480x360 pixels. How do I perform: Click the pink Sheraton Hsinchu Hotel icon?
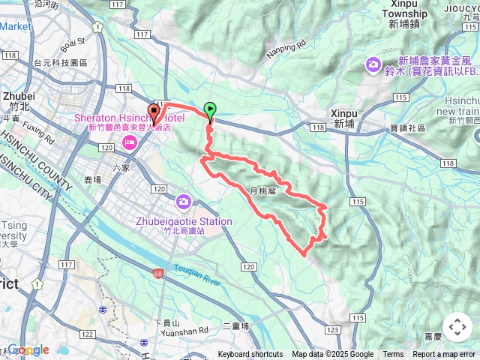pos(129,142)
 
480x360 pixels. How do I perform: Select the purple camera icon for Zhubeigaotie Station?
pos(184,202)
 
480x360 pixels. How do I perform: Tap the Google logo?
pos(28,350)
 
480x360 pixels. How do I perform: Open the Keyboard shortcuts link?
pos(250,355)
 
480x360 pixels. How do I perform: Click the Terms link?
pos(393,355)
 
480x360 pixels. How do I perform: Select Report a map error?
pos(444,355)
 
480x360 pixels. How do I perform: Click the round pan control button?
pos(457,327)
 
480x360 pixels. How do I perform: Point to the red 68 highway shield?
pos(157,273)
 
